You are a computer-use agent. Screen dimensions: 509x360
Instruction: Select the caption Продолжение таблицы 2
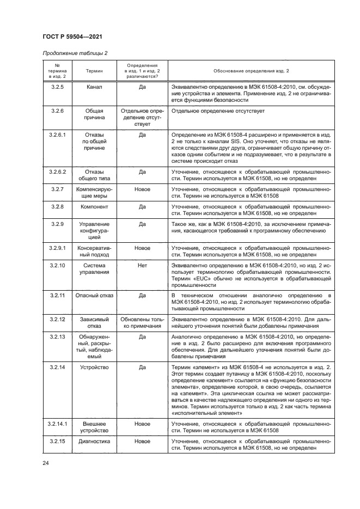[72, 53]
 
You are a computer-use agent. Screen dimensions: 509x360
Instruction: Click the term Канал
[94, 87]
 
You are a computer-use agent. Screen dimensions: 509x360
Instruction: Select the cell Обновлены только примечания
[142, 322]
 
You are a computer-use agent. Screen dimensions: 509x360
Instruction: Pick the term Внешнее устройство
[94, 426]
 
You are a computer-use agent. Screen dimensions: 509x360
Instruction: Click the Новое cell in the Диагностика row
[142, 441]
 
